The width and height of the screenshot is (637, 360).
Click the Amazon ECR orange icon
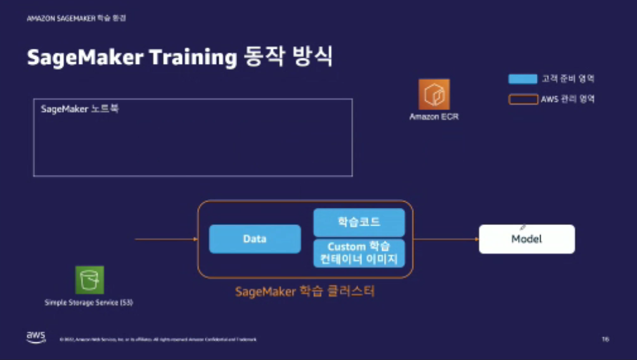[434, 94]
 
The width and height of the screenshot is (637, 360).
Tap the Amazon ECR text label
[434, 117]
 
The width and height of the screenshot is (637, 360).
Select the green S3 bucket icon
[89, 280]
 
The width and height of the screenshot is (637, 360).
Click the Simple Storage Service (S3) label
[89, 303]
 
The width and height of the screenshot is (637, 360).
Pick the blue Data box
[255, 239]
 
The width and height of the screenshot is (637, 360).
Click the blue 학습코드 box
[359, 222]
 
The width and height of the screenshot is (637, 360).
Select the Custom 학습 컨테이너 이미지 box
[359, 253]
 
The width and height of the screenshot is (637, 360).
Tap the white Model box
[527, 239]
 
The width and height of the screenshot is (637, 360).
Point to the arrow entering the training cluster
[166, 239]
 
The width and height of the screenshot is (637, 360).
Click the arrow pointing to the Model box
[446, 239]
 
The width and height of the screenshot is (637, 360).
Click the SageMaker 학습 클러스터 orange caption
[306, 292]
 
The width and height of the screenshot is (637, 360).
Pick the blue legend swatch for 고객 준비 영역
[522, 80]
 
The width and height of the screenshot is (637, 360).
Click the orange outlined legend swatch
[522, 99]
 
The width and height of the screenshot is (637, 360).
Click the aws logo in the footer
[35, 337]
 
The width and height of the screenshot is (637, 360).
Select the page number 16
[605, 340]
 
